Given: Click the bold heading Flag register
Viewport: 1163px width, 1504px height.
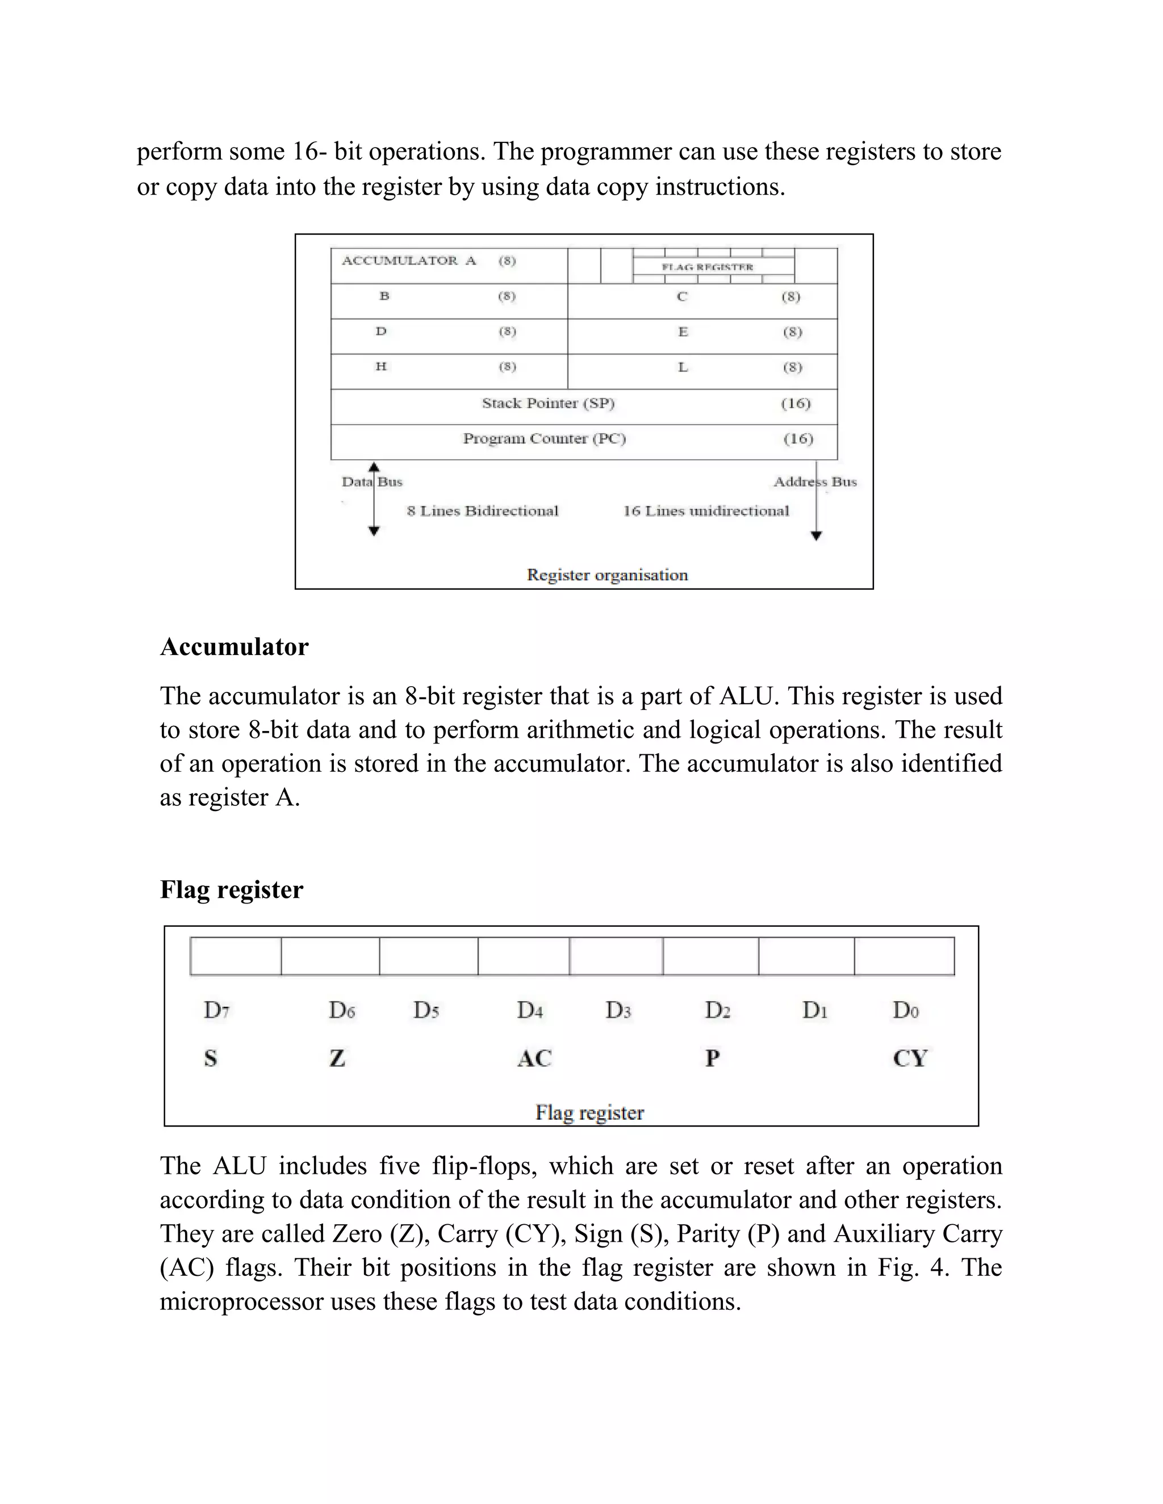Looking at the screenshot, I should (232, 890).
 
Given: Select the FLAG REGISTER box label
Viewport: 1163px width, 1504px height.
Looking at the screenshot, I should (708, 267).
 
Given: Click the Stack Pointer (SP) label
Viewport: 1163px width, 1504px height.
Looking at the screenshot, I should (548, 404).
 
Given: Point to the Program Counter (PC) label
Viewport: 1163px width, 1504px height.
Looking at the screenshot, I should (544, 439).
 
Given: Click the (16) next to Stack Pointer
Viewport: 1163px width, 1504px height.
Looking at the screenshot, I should (795, 404).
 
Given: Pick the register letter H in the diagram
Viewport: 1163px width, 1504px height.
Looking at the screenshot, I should (381, 367).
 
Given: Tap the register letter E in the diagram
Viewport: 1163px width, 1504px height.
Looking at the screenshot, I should (683, 332).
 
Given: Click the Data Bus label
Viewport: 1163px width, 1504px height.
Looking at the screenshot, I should (372, 482).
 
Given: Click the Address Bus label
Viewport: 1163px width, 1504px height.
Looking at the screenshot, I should (815, 482).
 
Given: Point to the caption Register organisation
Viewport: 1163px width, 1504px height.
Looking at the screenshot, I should (607, 575).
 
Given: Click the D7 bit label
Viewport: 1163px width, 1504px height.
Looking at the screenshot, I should (216, 1010).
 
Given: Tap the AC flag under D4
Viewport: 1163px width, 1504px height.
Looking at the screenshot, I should (534, 1058).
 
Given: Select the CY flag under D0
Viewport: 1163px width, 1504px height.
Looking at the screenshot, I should (910, 1058).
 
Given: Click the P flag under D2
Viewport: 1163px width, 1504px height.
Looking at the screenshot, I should (713, 1058).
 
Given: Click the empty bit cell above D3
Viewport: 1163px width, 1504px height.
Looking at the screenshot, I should (616, 956).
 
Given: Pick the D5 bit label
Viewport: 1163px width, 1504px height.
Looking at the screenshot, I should (426, 1010).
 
